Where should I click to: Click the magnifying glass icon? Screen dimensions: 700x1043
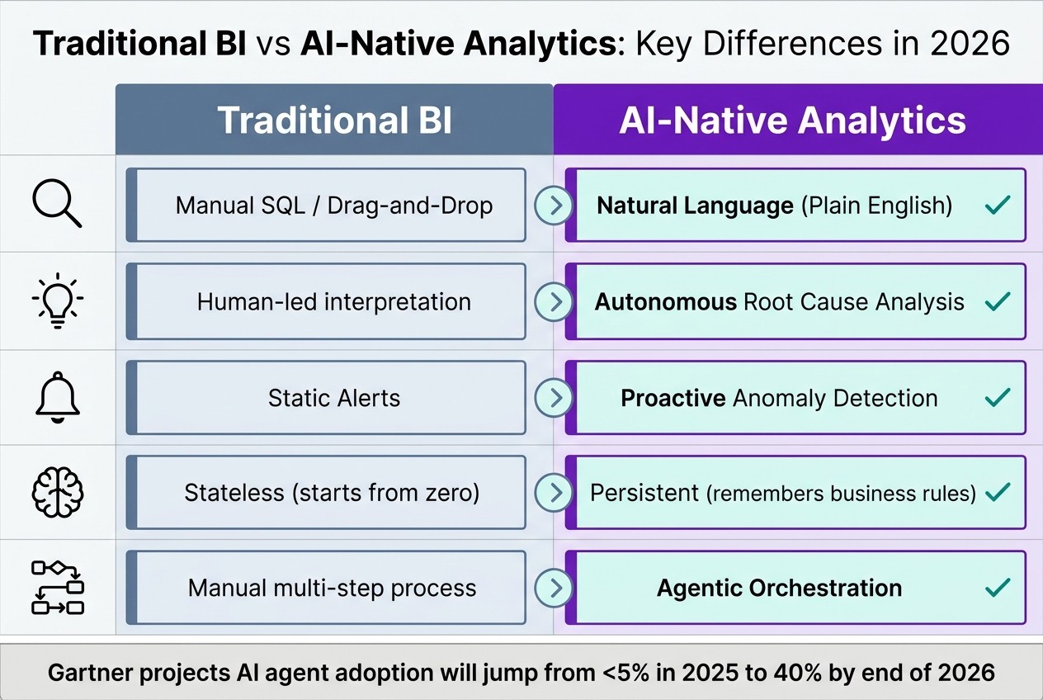(x=57, y=204)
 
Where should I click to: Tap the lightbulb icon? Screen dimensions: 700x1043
(x=57, y=301)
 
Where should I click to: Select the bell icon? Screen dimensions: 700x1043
(x=57, y=398)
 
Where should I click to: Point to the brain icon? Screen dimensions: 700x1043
(x=57, y=493)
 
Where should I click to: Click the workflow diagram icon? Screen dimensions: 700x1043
(x=57, y=588)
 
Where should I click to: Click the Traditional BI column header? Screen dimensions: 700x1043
(x=334, y=120)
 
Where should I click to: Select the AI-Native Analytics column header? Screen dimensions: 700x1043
(x=792, y=120)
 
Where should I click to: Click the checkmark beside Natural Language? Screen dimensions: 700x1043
(x=998, y=205)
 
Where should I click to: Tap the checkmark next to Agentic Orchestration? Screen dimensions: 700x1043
(x=998, y=588)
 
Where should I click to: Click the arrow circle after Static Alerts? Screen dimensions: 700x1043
(x=554, y=398)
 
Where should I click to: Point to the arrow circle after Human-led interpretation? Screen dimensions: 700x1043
(x=554, y=301)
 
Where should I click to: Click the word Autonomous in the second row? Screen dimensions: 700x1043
(x=665, y=301)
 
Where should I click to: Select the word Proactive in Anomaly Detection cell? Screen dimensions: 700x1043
(x=673, y=398)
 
